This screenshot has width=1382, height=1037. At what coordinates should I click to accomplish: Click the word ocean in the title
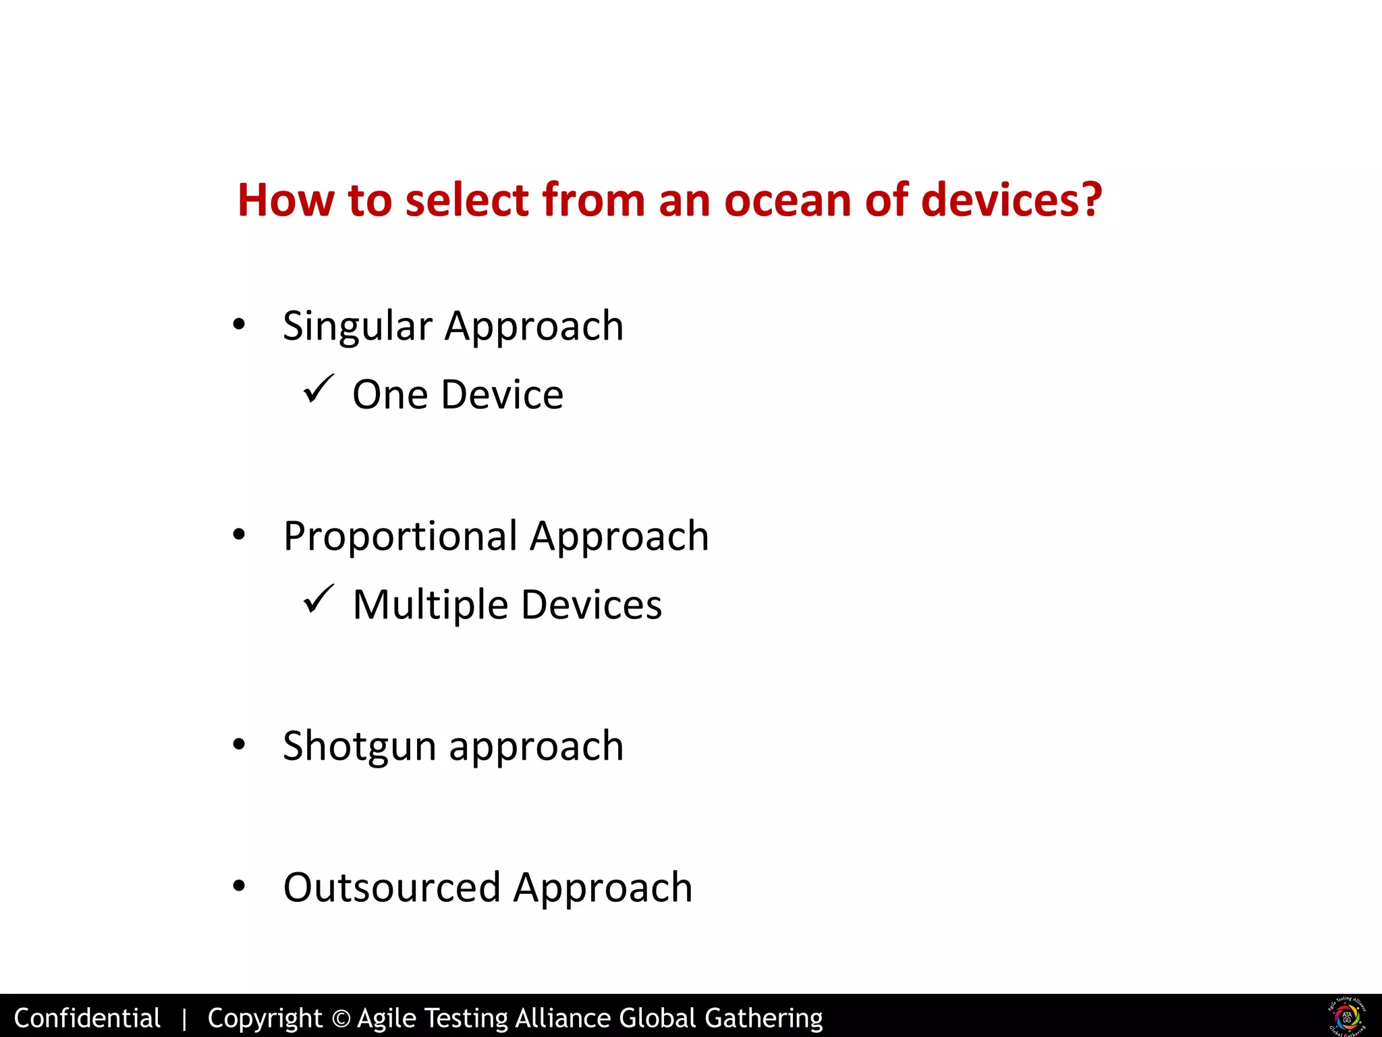coord(787,201)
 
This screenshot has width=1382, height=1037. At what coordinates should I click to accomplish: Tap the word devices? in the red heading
coord(1011,201)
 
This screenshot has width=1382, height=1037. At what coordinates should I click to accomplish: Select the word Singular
coord(357,327)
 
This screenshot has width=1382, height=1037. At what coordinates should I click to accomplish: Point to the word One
coord(389,395)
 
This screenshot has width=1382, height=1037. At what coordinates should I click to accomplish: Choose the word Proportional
coord(400,537)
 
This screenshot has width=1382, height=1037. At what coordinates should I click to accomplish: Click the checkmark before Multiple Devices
coord(318,599)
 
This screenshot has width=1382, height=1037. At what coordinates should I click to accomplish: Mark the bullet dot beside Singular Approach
coord(238,325)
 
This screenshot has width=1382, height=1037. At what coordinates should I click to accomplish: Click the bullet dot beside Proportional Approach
coord(238,535)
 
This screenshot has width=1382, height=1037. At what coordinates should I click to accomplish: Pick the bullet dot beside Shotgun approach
coord(238,745)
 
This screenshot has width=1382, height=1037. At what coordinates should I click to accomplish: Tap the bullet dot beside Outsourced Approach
coord(238,886)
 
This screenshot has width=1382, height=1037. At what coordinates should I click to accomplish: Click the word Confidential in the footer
coord(87,1018)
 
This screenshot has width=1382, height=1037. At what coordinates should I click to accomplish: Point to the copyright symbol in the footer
coord(341,1018)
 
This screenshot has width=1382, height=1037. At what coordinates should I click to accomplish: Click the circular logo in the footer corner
coord(1346,1016)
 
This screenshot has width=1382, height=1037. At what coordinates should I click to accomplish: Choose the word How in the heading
coord(286,201)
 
